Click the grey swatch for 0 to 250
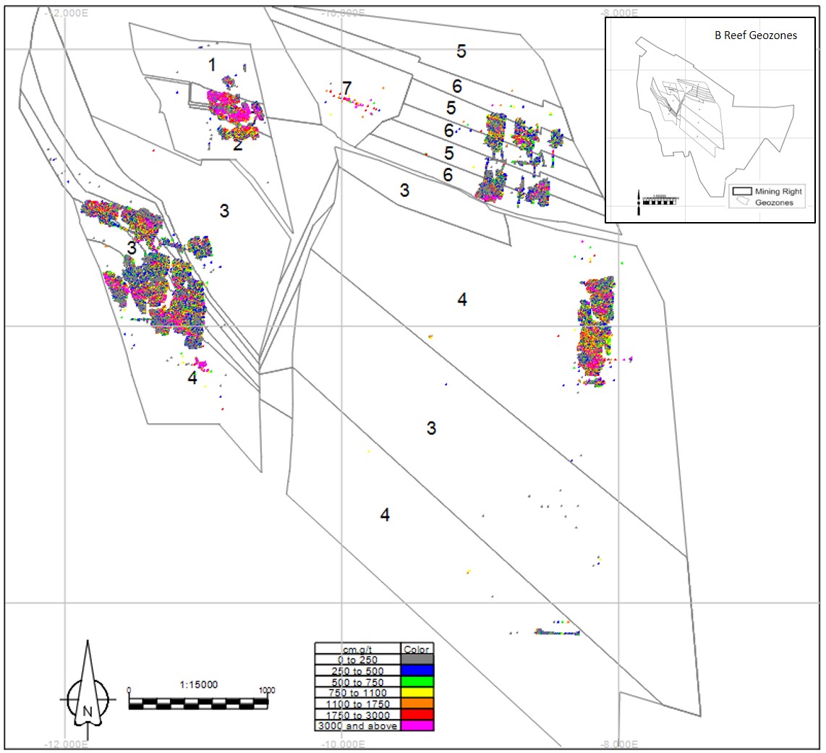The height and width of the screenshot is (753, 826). click(417, 660)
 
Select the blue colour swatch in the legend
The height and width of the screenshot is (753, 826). click(417, 671)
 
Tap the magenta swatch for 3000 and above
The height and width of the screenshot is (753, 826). click(417, 725)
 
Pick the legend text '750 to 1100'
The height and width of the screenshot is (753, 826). click(357, 692)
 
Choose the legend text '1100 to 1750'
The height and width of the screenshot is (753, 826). click(357, 703)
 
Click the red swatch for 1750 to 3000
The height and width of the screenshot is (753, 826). click(417, 714)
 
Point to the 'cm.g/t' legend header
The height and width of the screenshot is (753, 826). click(357, 648)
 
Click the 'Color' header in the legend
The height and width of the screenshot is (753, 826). click(417, 648)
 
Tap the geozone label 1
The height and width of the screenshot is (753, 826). click(212, 65)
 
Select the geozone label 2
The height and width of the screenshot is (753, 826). click(237, 145)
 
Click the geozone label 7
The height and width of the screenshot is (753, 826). click(347, 88)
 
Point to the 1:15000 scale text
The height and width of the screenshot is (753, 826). click(198, 684)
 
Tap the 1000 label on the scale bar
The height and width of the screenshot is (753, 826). click(266, 690)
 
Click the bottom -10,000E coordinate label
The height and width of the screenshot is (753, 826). click(341, 745)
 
